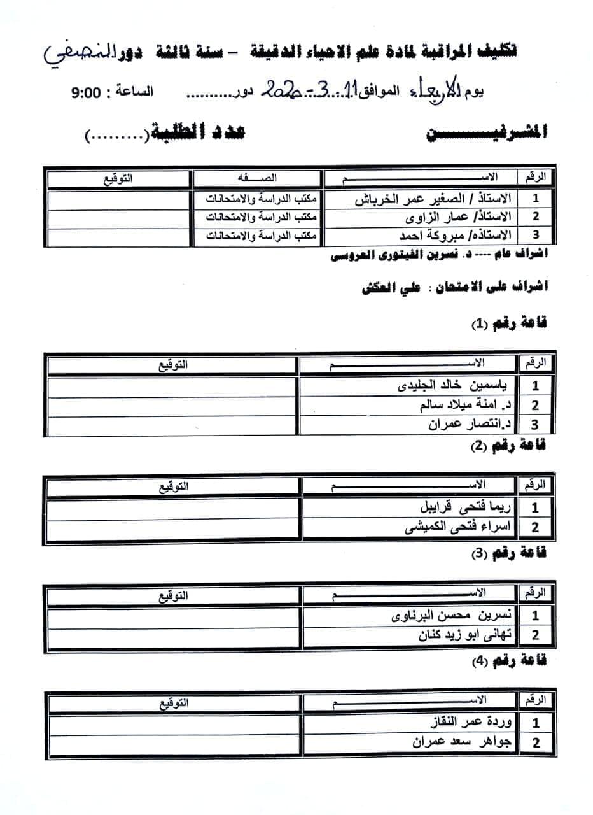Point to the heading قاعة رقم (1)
(508, 323)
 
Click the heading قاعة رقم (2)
(508, 446)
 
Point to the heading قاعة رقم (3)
(508, 553)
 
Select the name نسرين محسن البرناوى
(448, 615)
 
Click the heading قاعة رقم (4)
(508, 661)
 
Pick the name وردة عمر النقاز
(467, 722)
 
